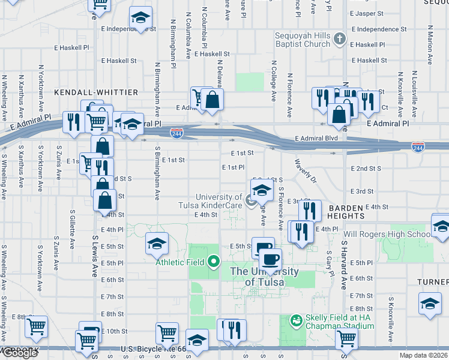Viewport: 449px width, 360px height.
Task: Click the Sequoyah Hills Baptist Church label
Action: pyautogui.click(x=303, y=40)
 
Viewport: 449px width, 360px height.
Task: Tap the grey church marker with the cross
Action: pyautogui.click(x=340, y=40)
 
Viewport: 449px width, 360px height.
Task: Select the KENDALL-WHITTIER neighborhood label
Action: pyautogui.click(x=96, y=92)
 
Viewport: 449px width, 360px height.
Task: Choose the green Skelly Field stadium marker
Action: pyautogui.click(x=295, y=321)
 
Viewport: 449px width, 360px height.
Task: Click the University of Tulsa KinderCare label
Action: pyautogui.click(x=218, y=201)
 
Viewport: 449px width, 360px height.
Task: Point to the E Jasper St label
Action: pyautogui.click(x=367, y=13)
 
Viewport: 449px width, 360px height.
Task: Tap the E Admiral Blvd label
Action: pyautogui.click(x=316, y=139)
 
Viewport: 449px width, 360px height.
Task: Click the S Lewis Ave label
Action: pyautogui.click(x=94, y=255)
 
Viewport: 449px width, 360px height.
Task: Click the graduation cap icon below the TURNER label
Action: pyautogui.click(x=430, y=304)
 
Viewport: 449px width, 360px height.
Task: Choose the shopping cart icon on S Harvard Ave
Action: pyautogui.click(x=347, y=338)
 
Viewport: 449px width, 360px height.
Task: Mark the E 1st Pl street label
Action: pyautogui.click(x=233, y=167)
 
